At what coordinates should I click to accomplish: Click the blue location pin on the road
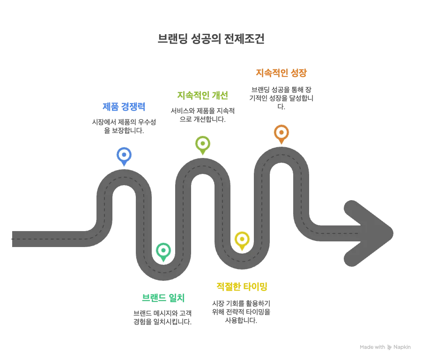point(124,155)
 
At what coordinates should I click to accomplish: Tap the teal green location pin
point(163,251)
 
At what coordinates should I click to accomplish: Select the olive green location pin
point(203,144)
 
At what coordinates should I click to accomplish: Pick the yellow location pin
point(242,240)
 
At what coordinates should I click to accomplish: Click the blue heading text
point(124,107)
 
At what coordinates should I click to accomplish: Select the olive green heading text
point(202,96)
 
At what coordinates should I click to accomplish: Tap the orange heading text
point(281,73)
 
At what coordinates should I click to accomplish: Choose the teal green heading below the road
point(163,298)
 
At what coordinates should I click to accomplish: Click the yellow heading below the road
point(242,286)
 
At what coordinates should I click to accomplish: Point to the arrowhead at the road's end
point(370,232)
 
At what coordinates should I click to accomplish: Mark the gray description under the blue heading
point(124,125)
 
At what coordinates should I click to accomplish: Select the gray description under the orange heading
point(281,96)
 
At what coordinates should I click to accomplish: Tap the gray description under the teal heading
point(162,317)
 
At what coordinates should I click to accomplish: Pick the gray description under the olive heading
point(202,114)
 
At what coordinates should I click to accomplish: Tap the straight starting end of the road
point(42,238)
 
